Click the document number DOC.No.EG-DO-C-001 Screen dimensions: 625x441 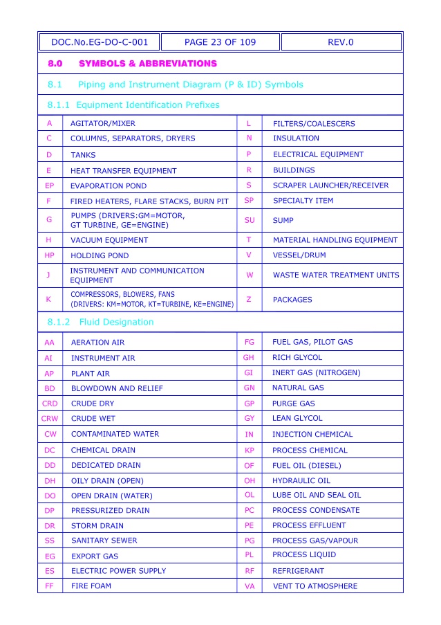(100, 42)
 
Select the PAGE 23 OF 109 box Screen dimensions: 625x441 (220, 42)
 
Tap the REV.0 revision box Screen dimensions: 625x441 (341, 42)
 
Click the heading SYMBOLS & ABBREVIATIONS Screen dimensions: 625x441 (148, 64)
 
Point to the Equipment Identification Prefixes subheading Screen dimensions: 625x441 (147, 105)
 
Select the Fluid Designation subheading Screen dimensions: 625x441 (116, 322)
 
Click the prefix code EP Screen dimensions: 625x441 (49, 185)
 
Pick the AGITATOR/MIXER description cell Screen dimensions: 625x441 (103, 124)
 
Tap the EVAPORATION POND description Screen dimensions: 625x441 (109, 185)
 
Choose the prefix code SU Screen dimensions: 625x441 (250, 221)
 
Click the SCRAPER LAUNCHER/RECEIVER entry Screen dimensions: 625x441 (330, 185)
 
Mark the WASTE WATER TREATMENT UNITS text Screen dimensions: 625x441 (336, 275)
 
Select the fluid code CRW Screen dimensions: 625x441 (50, 419)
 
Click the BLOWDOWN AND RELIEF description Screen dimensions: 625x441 (117, 389)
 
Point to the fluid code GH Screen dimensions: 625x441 (249, 358)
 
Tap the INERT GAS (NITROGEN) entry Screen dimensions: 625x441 (316, 373)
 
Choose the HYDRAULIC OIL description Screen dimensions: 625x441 (301, 480)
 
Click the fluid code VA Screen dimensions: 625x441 (250, 586)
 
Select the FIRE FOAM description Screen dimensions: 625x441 (91, 586)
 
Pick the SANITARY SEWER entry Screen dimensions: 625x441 (104, 541)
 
